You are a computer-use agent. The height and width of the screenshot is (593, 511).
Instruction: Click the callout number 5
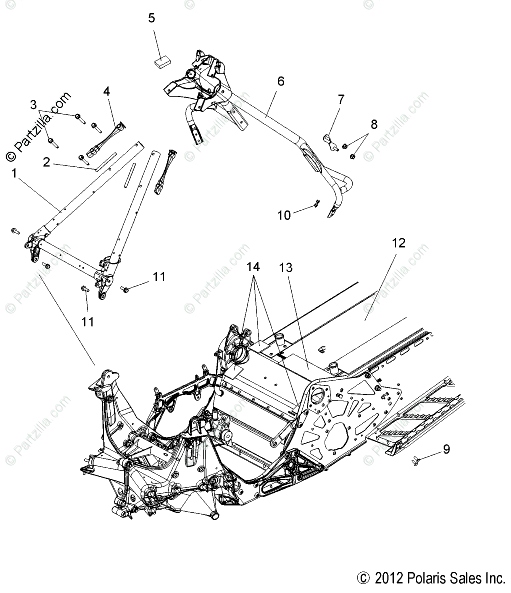(x=152, y=19)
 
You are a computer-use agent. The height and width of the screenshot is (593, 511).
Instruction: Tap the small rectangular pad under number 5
(x=161, y=62)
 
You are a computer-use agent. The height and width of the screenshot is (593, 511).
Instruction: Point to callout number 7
(x=341, y=99)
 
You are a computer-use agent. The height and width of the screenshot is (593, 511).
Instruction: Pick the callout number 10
(x=284, y=215)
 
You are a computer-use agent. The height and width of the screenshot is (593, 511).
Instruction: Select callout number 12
(x=399, y=243)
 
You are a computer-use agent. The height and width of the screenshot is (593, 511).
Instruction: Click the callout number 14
(x=253, y=267)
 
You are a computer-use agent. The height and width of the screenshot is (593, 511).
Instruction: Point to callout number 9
(x=446, y=449)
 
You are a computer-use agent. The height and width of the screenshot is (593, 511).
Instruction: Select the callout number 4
(x=107, y=91)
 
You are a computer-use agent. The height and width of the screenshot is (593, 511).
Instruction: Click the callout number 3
(x=33, y=105)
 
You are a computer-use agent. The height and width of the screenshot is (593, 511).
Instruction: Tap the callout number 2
(x=46, y=162)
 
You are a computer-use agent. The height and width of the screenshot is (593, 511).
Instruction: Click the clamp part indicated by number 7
(x=330, y=141)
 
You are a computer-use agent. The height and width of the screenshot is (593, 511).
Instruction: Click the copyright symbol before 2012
(x=363, y=579)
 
